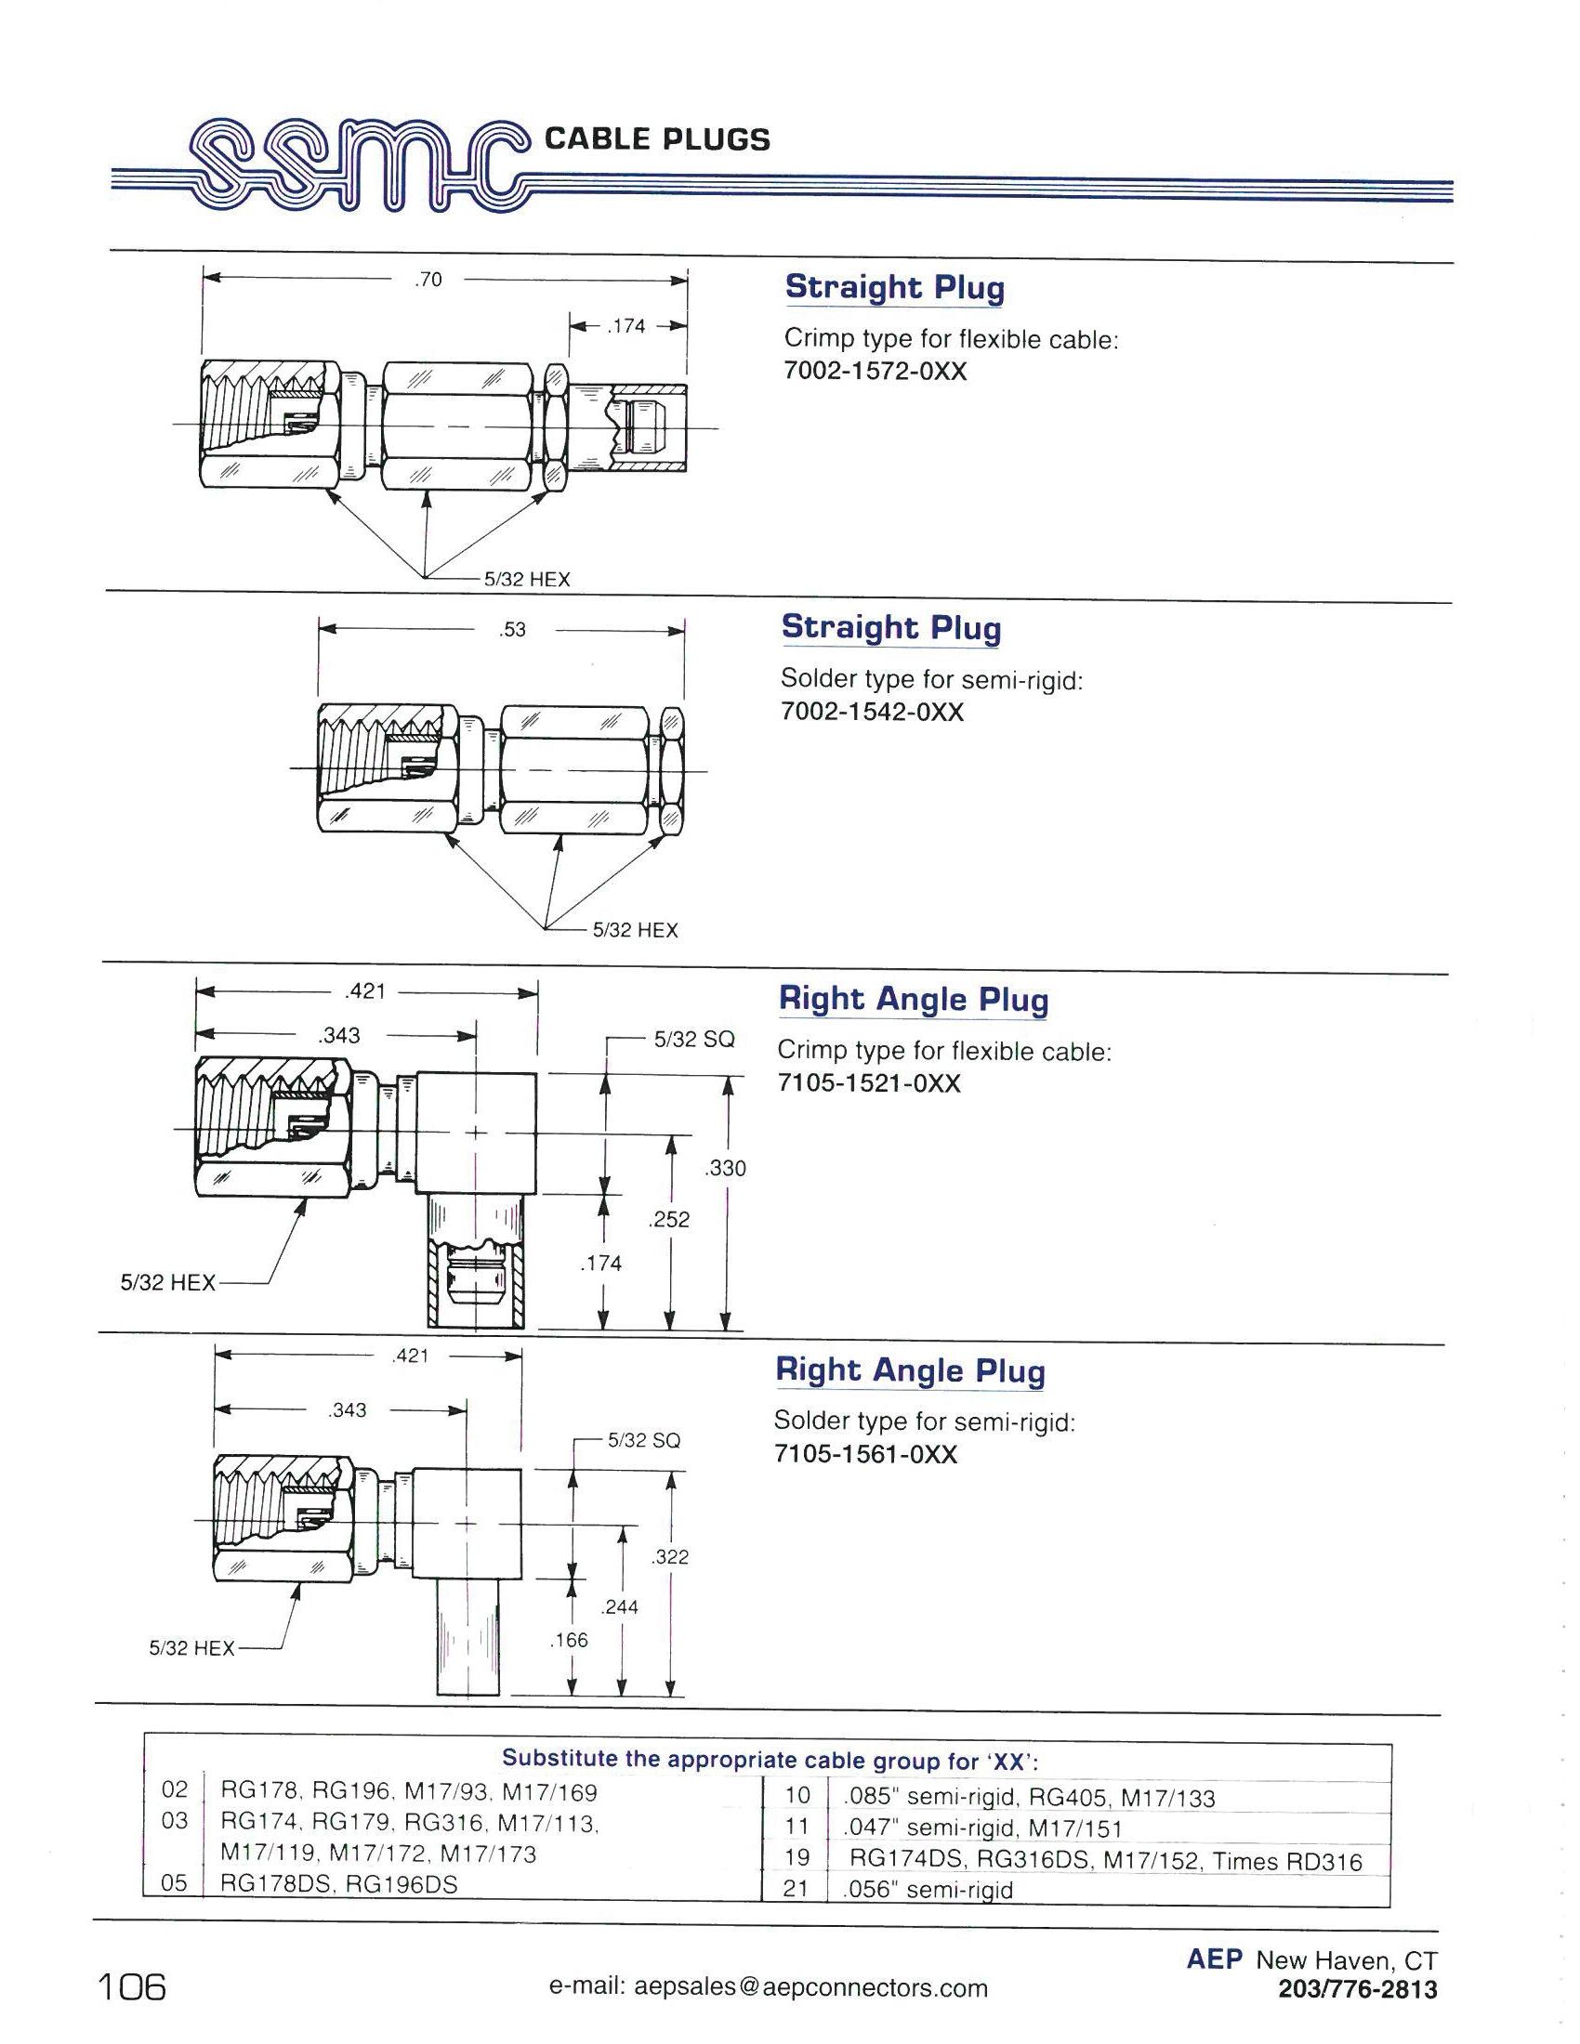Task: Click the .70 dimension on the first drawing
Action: pos(428,279)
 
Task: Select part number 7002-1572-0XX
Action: pos(876,372)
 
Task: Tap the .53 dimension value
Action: pos(512,630)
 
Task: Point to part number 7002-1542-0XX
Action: pos(873,713)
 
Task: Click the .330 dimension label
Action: pos(726,1168)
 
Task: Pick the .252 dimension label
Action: pos(669,1220)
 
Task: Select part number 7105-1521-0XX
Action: pos(870,1082)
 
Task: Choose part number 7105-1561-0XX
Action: pos(866,1454)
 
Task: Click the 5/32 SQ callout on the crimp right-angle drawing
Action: pos(693,1038)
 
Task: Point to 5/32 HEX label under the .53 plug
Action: pos(635,930)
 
